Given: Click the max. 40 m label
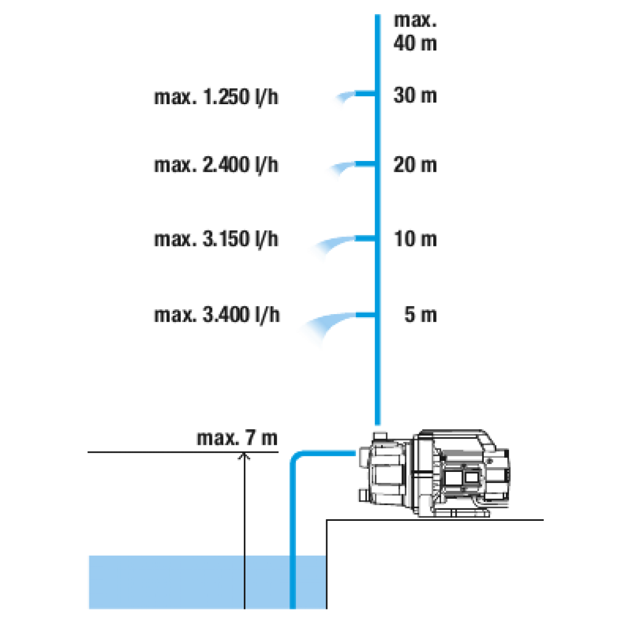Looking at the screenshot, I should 415,32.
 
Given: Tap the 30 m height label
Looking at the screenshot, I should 415,96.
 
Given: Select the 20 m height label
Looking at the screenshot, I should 415,166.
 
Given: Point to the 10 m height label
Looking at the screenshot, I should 415,240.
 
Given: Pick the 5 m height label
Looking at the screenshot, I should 420,315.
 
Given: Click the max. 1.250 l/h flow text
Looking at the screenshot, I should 216,97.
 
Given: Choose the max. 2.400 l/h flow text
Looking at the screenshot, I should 216,166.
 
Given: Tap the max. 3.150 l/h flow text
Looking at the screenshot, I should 216,240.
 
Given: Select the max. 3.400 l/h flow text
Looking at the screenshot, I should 217,315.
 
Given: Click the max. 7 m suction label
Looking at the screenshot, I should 237,439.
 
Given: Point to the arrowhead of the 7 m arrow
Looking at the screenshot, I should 244,456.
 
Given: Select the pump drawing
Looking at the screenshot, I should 432,474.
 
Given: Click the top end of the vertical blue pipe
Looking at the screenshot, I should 379,17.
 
